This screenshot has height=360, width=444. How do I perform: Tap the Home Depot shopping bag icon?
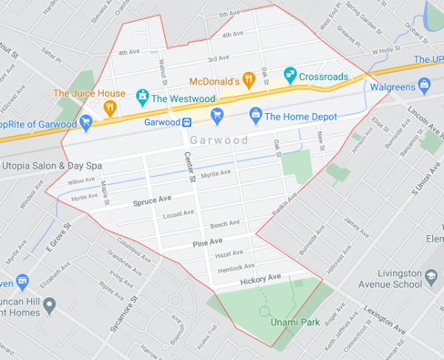(x=255, y=115)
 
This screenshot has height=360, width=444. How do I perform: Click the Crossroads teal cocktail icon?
(x=291, y=74)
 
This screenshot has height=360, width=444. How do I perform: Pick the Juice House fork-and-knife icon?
(x=110, y=108)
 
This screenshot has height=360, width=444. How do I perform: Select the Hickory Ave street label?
(x=260, y=278)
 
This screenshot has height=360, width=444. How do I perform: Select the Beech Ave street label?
(x=225, y=223)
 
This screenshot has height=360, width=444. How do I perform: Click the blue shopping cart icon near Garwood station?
(x=217, y=114)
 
